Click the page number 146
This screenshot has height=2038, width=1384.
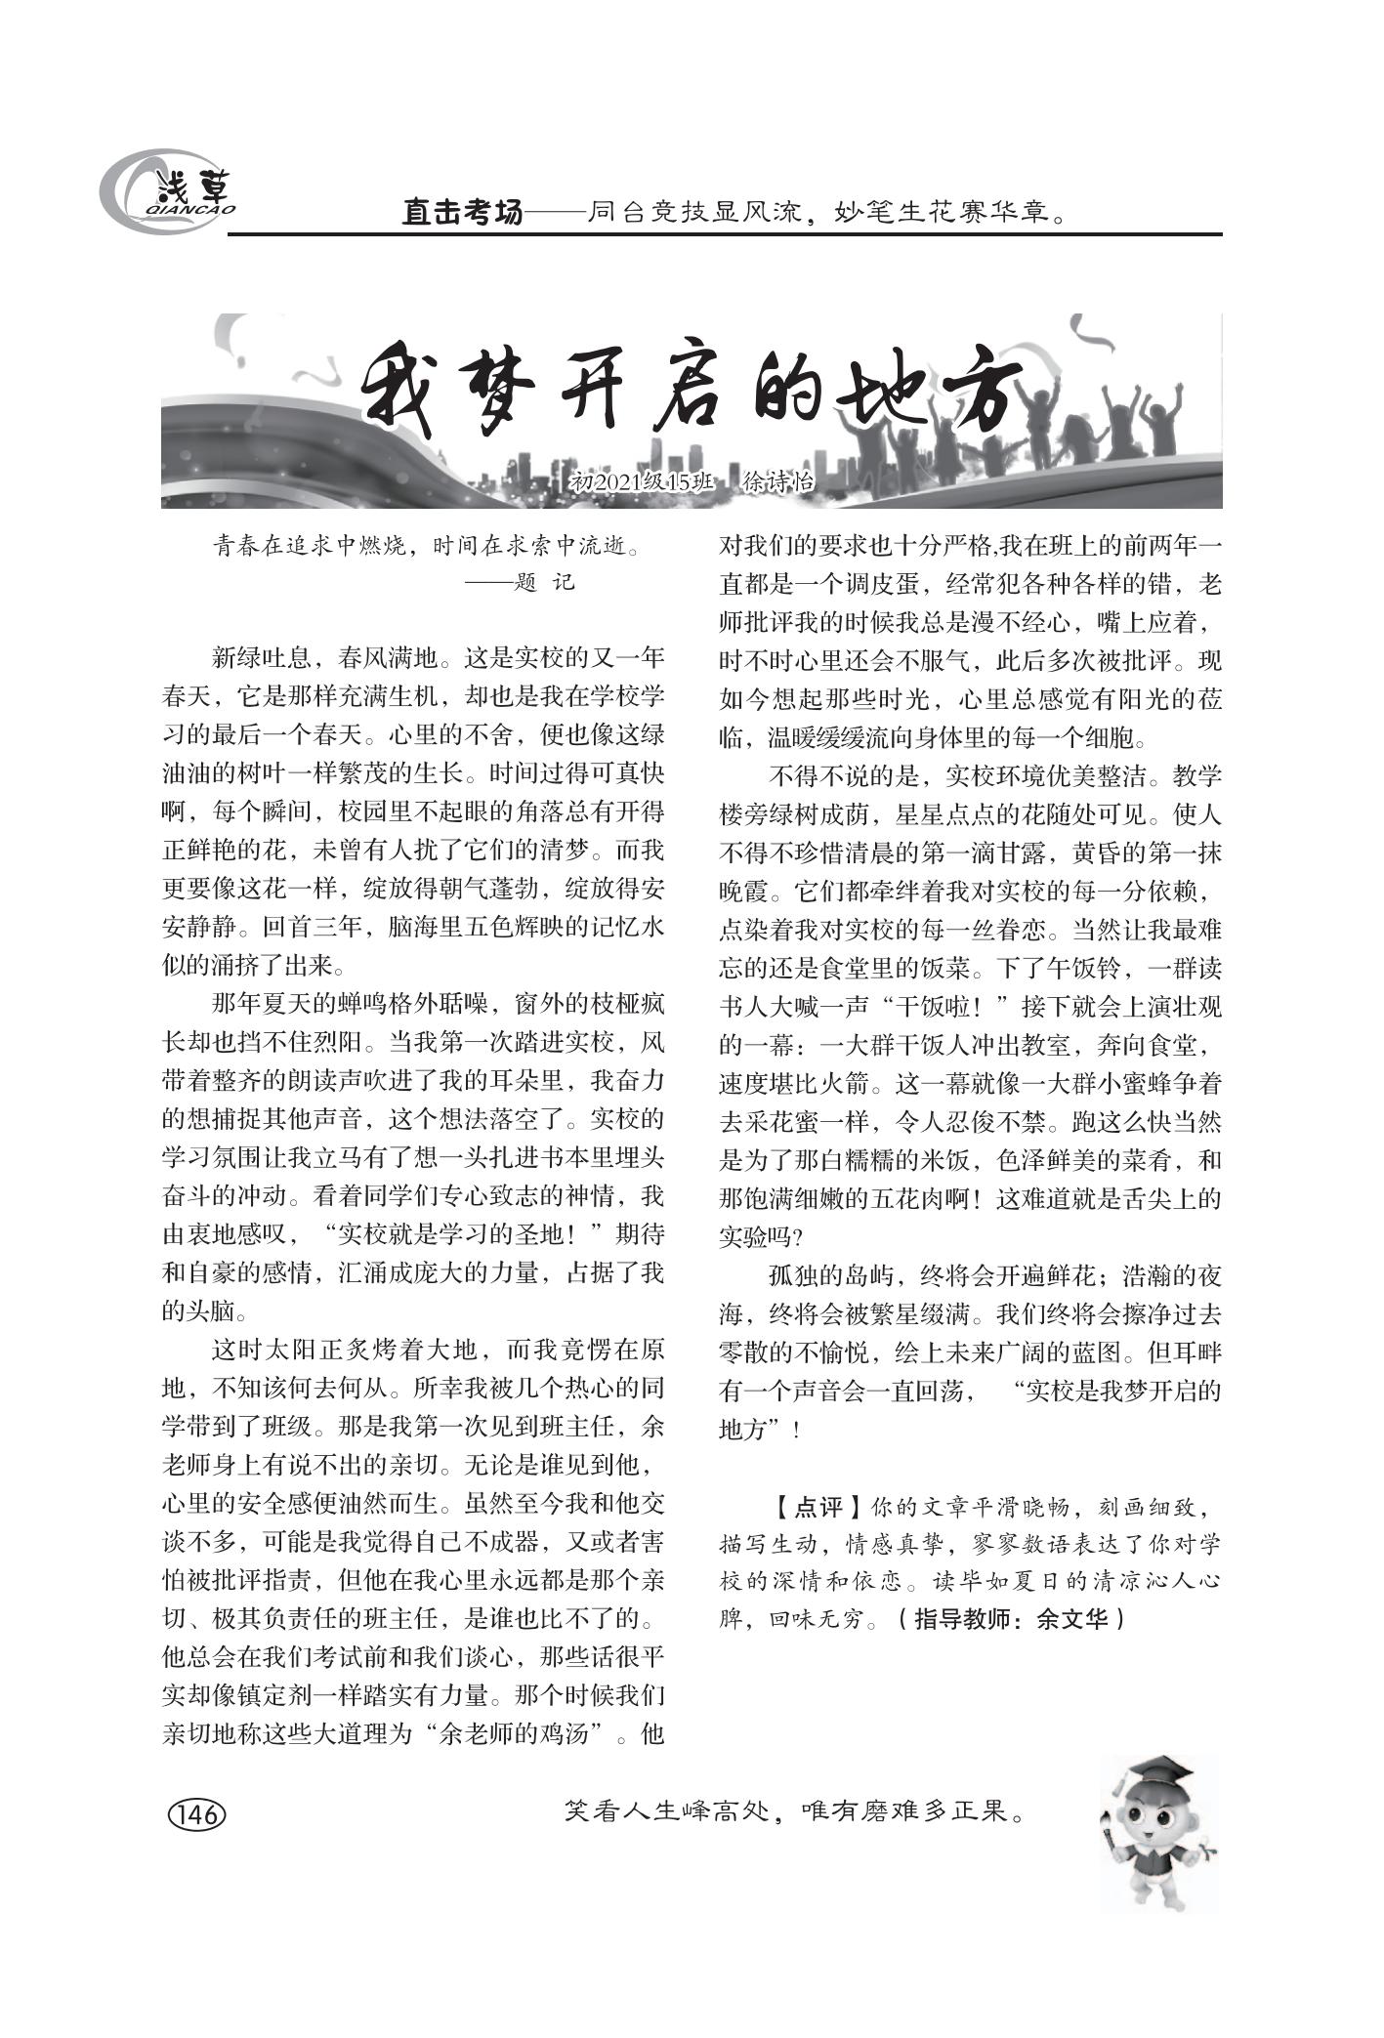(x=197, y=1815)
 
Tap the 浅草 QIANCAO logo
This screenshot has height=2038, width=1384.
(x=170, y=192)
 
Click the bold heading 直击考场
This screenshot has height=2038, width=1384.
(x=463, y=212)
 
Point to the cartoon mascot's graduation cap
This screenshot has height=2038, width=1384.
(x=1163, y=1769)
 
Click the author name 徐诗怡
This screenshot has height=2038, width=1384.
(x=778, y=482)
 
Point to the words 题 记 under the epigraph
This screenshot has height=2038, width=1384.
(x=543, y=583)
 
